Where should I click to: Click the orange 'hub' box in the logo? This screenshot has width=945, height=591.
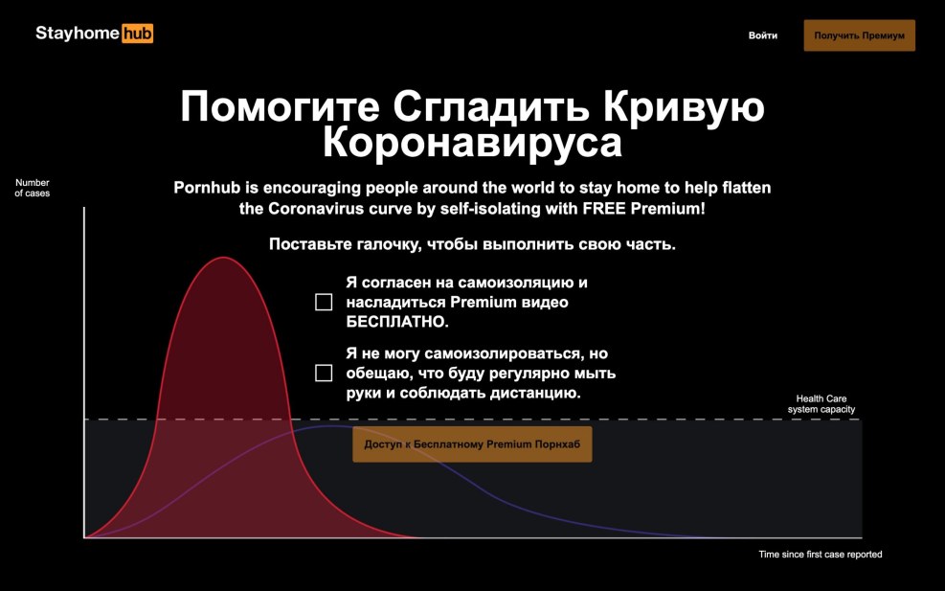(138, 34)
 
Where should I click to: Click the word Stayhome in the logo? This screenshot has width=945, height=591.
(78, 34)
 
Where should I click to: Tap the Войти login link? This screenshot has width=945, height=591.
(763, 35)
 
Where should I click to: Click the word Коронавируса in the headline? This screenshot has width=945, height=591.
(473, 143)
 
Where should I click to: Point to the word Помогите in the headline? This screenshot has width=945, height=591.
(281, 106)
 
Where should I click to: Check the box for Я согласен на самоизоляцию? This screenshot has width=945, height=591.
(324, 302)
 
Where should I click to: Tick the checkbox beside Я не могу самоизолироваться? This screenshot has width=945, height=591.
(324, 374)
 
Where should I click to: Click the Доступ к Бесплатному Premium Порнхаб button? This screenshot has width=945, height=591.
(472, 444)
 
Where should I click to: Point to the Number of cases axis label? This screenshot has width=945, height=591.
(33, 188)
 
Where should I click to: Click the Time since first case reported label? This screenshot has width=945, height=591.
(821, 555)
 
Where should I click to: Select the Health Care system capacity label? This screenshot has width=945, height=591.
(821, 404)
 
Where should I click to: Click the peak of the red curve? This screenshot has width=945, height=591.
(223, 258)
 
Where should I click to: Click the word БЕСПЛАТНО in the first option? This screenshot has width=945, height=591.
(397, 322)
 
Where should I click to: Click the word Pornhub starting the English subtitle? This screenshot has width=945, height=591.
(209, 188)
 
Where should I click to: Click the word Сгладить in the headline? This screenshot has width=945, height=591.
(492, 107)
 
